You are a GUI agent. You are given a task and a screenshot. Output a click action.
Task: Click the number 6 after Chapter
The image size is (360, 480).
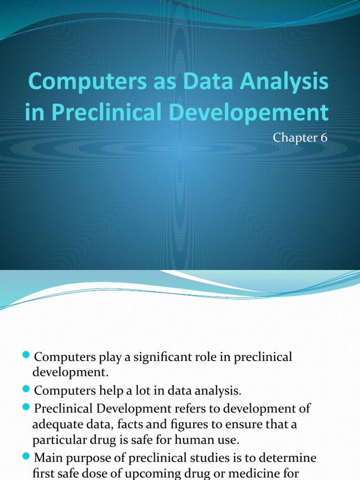click(323, 138)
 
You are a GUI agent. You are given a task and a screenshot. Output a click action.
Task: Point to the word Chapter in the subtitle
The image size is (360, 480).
click(296, 138)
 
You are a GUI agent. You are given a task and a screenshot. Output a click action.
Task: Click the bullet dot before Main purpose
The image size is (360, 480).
click(26, 457)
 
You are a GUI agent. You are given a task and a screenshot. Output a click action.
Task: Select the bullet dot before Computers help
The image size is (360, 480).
click(26, 390)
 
